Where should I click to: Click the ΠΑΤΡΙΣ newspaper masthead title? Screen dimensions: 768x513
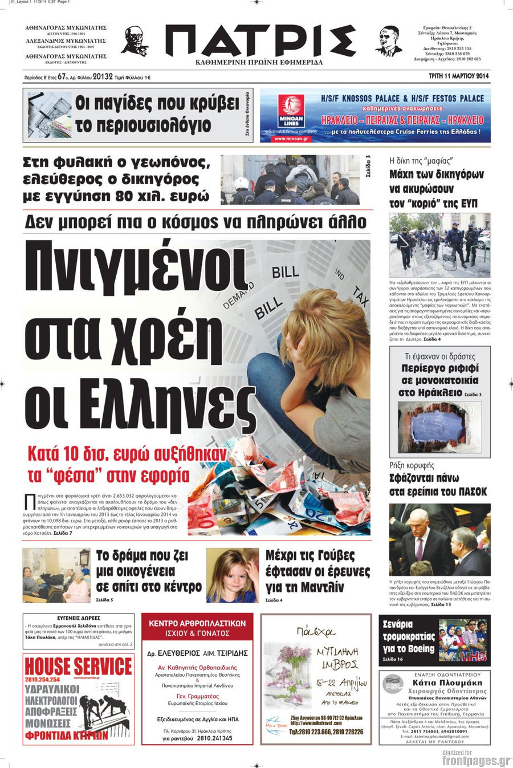tap(259, 40)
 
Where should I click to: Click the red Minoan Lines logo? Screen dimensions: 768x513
tap(291, 111)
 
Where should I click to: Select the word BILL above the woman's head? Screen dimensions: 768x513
tap(285, 271)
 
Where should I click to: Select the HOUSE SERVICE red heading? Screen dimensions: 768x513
tap(78, 666)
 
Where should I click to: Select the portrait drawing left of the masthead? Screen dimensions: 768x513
tap(135, 41)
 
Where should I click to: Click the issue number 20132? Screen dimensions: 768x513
tap(102, 76)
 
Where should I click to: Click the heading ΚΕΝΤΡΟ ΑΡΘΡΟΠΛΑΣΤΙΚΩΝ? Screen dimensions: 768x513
tap(197, 623)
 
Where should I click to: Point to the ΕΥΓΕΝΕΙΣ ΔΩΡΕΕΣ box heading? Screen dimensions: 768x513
tap(79, 618)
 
